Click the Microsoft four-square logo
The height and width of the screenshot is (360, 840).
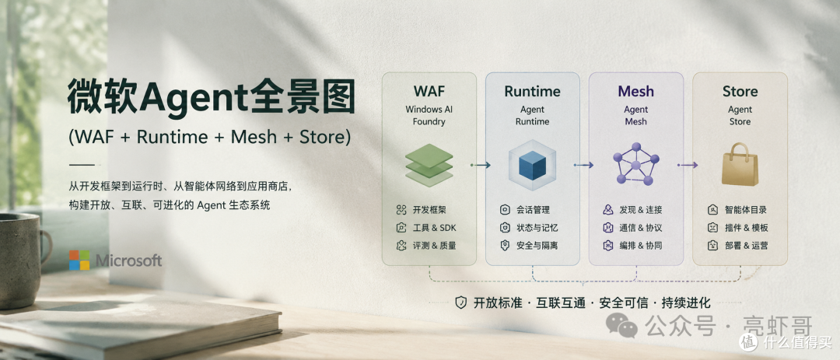(x=79, y=260)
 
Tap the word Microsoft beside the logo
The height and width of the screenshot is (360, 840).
(x=128, y=261)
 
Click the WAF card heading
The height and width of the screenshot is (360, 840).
(x=429, y=91)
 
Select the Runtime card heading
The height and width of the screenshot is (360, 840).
(x=533, y=91)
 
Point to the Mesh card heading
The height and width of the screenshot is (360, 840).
(x=636, y=91)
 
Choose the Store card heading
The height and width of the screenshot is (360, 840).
(x=740, y=91)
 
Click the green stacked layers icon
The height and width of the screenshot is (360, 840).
(x=429, y=165)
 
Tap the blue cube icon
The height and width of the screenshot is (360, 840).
(x=533, y=165)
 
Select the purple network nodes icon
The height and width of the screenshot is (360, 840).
(x=636, y=164)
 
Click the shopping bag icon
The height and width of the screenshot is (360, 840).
(x=740, y=165)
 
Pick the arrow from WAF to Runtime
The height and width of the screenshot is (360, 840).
(x=481, y=165)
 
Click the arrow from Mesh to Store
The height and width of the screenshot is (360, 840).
(x=688, y=165)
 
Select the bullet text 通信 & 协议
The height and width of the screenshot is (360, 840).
(x=641, y=228)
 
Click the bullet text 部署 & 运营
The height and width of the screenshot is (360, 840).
(x=746, y=246)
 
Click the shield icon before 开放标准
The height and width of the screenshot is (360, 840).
(x=460, y=302)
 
